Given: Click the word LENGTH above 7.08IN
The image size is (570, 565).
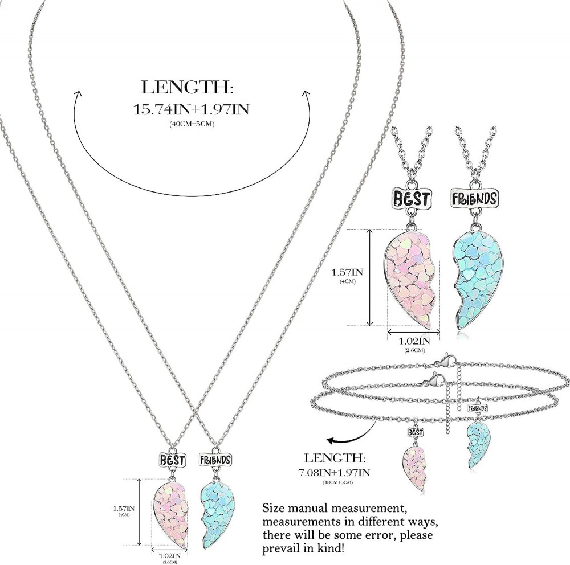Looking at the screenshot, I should (x=335, y=458).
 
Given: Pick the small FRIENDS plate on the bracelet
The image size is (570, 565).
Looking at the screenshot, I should (x=478, y=408).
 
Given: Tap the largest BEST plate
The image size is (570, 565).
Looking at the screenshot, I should (x=411, y=199).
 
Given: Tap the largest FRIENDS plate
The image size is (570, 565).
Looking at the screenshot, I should (x=475, y=199).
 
